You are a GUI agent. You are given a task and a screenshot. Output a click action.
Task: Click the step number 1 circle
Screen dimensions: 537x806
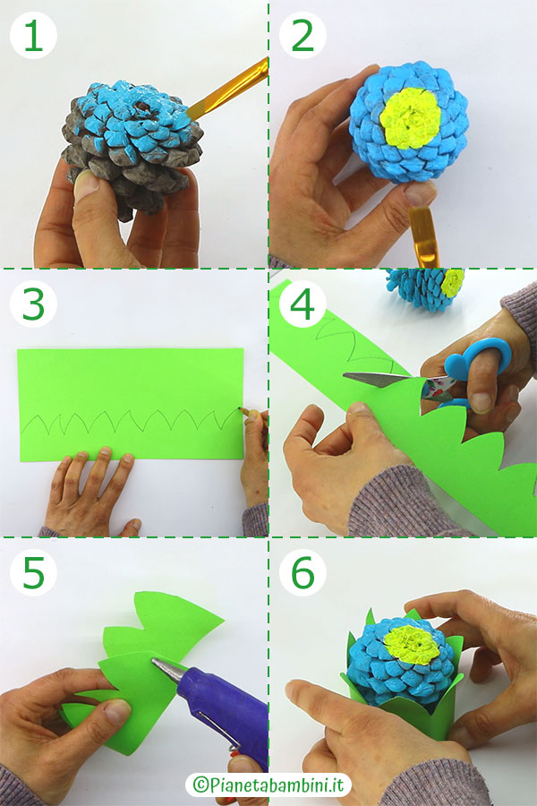pyautogui.click(x=33, y=36)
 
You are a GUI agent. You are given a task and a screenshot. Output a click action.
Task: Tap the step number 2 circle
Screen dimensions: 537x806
pyautogui.click(x=303, y=36)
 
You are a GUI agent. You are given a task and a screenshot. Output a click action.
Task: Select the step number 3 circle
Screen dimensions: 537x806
pyautogui.click(x=33, y=304)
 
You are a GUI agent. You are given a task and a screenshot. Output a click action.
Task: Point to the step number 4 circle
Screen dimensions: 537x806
pyautogui.click(x=303, y=304)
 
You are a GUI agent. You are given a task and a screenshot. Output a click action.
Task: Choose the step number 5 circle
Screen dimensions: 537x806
pyautogui.click(x=33, y=572)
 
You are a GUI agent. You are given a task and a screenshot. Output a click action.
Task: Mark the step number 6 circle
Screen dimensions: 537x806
pyautogui.click(x=303, y=572)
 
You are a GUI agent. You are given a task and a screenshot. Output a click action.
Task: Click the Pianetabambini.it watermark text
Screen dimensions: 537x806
pyautogui.click(x=268, y=785)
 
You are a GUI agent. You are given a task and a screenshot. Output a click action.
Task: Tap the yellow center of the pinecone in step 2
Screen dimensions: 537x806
pyautogui.click(x=410, y=118)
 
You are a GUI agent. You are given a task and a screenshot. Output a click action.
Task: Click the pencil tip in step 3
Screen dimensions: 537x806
pyautogui.click(x=241, y=409)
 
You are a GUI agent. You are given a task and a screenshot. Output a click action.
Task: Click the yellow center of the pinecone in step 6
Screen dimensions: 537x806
pyautogui.click(x=412, y=645)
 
